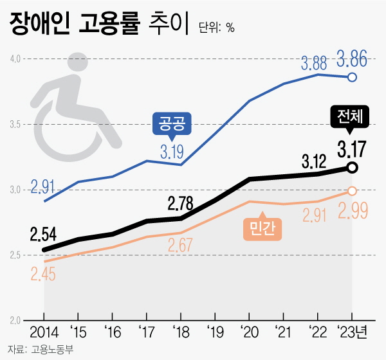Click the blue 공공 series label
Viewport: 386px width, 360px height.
(172, 125)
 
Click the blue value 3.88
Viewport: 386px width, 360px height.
(315, 64)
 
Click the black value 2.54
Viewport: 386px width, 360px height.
(44, 234)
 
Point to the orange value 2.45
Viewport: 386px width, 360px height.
(43, 274)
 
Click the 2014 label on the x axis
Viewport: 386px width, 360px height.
(44, 334)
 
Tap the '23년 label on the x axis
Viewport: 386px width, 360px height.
(353, 334)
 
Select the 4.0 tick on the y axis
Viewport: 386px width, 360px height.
(15, 59)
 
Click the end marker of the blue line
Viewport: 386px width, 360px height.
(353, 78)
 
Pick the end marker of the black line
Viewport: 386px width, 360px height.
(353, 168)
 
